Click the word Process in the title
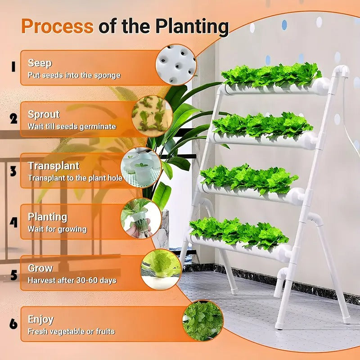click(x=57, y=26)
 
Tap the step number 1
click(x=13, y=67)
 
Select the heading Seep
click(x=40, y=63)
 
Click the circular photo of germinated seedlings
click(x=152, y=116)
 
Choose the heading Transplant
click(x=54, y=166)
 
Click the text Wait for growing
click(x=57, y=229)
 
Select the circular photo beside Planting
click(x=140, y=218)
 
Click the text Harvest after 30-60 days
click(x=72, y=280)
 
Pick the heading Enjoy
click(x=40, y=319)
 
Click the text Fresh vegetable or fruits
click(x=71, y=332)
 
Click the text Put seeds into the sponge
click(x=74, y=75)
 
